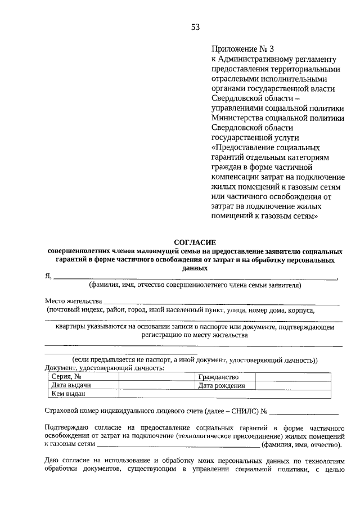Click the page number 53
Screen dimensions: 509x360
point(195,26)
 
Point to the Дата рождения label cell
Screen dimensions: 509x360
point(223,385)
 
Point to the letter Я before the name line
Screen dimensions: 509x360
point(48,276)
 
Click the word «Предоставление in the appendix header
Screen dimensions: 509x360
point(241,147)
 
